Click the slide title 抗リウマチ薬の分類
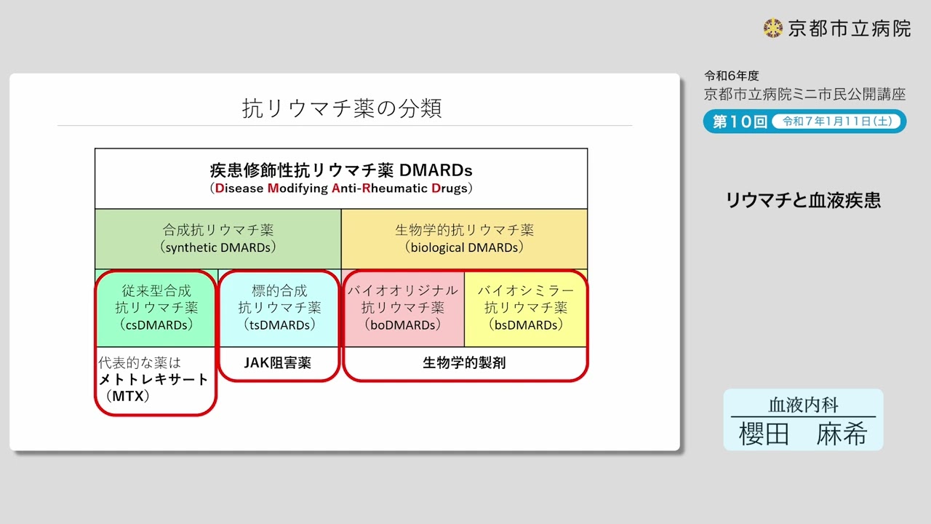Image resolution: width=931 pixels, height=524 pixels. pos(342,108)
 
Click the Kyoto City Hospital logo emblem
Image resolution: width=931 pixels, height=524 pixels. pos(772,28)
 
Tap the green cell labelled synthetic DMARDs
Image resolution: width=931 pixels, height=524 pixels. pos(217,239)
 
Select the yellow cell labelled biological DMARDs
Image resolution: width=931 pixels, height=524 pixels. pos(464,239)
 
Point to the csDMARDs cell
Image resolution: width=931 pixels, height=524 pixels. pos(156,308)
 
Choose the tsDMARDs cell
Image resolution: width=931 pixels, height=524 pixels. pos(279,308)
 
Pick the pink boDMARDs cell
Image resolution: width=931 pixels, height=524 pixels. pos(403,308)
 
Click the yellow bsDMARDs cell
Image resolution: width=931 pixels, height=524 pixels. pos(525,308)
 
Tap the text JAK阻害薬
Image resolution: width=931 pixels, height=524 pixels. pos(279,362)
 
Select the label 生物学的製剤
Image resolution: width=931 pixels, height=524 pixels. pos(464,362)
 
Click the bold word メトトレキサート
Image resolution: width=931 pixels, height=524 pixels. pos(153,379)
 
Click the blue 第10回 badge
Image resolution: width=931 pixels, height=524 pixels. pos(739,122)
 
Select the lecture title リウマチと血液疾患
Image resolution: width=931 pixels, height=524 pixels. pos(803,201)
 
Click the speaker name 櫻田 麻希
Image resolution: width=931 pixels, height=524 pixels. pos(803,434)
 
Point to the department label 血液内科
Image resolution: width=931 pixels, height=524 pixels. pos(803,405)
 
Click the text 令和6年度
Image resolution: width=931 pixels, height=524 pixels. pos(731,76)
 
